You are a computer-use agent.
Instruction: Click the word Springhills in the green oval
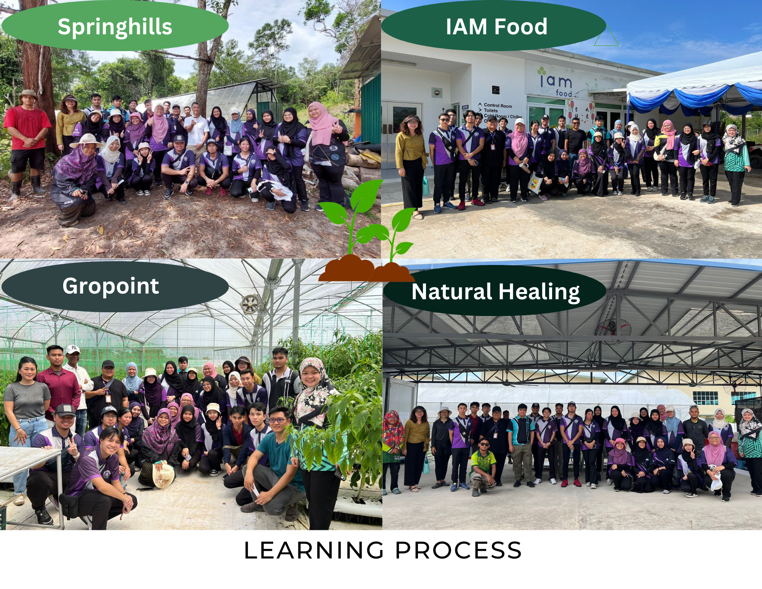pos(115,27)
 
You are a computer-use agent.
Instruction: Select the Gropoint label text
pos(110,286)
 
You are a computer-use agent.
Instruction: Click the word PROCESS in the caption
pos(458,550)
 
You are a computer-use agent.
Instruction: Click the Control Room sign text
pos(498,106)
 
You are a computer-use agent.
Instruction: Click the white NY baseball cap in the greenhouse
pos(73,349)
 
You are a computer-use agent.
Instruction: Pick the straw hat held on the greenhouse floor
pos(163,475)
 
